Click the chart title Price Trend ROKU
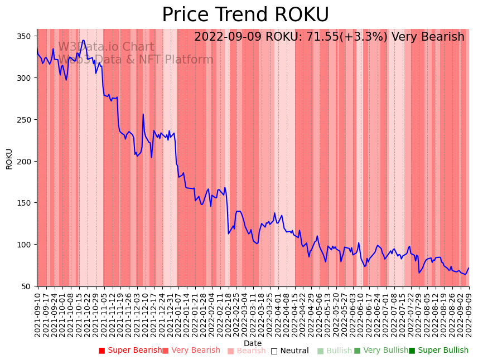pyautogui.click(x=245, y=15)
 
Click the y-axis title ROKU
pyautogui.click(x=9, y=159)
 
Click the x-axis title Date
pyautogui.click(x=253, y=343)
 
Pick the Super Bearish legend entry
pyautogui.click(x=130, y=351)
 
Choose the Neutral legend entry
pyautogui.click(x=289, y=351)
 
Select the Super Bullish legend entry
pyautogui.click(x=438, y=351)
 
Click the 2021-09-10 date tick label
pyautogui.click(x=38, y=315)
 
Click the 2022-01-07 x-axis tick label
pyautogui.click(x=177, y=315)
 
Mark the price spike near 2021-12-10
pyautogui.click(x=143, y=115)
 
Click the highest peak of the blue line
pyautogui.click(x=83, y=40)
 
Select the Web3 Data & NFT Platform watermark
pyautogui.click(x=136, y=60)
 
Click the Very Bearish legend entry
pyautogui.click(x=191, y=351)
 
